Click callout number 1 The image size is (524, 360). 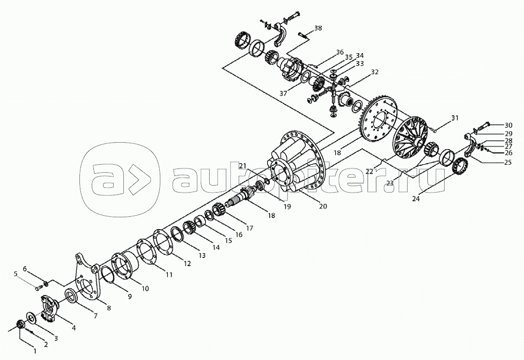coord(35,351)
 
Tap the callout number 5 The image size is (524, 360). coord(16,274)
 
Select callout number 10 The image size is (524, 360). coord(145,289)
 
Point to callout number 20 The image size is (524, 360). coord(322,206)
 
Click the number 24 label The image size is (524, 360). coord(416,199)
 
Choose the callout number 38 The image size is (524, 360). coord(318,28)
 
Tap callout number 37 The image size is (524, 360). coord(283,93)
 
